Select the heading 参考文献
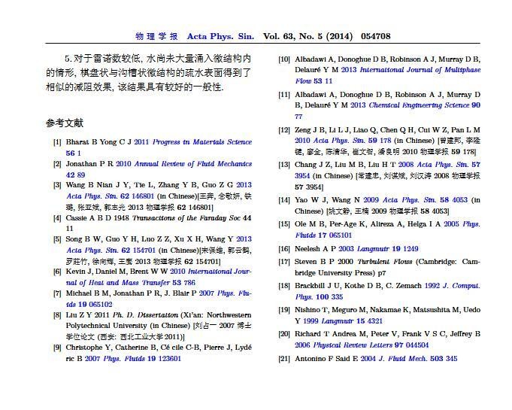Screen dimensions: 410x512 [x=64, y=123]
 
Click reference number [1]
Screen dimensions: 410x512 [x=57, y=141]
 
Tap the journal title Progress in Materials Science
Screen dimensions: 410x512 [x=203, y=141]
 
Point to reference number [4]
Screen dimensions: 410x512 [x=57, y=218]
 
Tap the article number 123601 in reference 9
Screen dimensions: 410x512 [x=165, y=359]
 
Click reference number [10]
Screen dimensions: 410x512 [x=284, y=59]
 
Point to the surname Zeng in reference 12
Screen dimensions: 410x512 [x=305, y=129]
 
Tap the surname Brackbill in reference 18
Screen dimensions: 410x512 [x=314, y=286]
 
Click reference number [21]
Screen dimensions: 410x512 [x=284, y=359]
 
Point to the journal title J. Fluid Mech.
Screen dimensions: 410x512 [x=403, y=359]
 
